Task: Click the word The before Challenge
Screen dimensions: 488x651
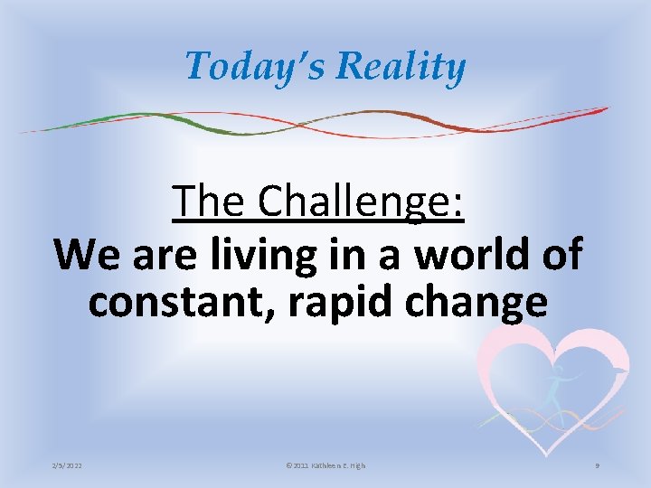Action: [x=210, y=202]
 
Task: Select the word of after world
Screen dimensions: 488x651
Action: [x=561, y=254]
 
